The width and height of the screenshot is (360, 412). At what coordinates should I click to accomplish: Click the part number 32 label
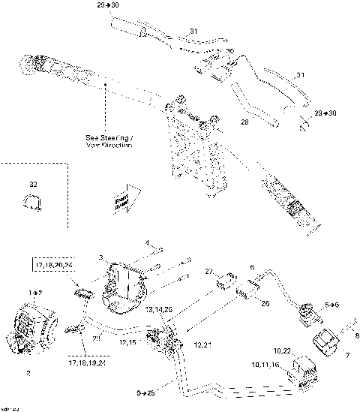pyautogui.click(x=32, y=183)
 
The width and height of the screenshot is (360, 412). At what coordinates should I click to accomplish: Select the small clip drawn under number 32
pyautogui.click(x=32, y=201)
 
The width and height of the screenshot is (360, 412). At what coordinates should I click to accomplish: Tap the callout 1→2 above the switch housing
pyautogui.click(x=34, y=290)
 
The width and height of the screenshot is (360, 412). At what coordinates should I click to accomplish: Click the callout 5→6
pyautogui.click(x=332, y=306)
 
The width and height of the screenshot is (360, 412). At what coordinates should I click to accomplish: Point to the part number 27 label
pyautogui.click(x=209, y=272)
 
